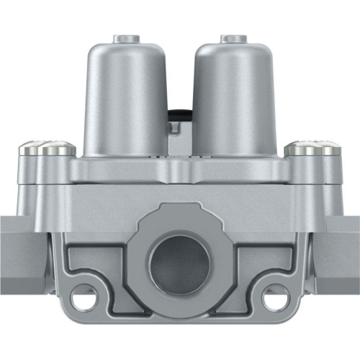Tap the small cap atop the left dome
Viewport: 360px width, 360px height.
pos(127,37)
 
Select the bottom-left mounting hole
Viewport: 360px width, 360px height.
pos(84,298)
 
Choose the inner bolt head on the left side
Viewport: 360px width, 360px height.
pos(56,149)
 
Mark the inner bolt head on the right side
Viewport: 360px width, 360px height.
pos(302,149)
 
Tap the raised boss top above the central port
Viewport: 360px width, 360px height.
pos(179,213)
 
